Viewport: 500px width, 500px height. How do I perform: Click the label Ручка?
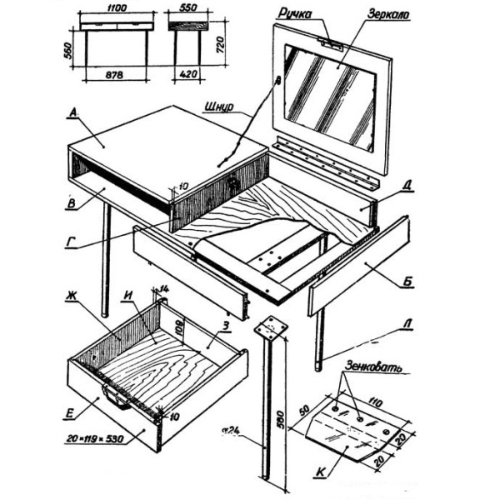[x=301, y=14]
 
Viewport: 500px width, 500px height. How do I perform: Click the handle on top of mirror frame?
[x=333, y=42]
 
